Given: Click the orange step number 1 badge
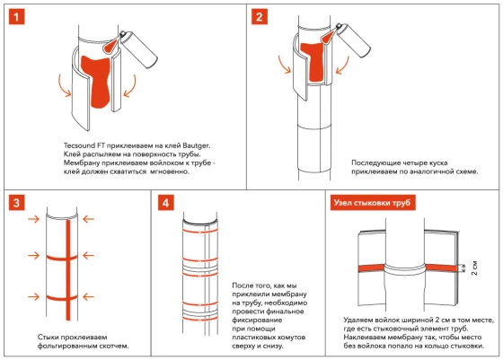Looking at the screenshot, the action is (x=17, y=17).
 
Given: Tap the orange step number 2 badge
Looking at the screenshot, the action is (x=260, y=17).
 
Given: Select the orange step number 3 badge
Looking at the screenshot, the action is (x=17, y=203).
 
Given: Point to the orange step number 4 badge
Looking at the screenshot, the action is (x=166, y=203).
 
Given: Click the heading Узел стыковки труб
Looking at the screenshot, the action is (x=373, y=203).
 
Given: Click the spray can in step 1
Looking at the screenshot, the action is (x=138, y=49).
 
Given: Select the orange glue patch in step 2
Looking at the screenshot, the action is (x=312, y=62).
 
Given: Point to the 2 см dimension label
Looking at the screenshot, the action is (x=474, y=268).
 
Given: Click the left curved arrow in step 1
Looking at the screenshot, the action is (x=64, y=85).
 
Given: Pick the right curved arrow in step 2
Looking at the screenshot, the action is (x=342, y=66).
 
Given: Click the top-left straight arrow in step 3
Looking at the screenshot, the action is (x=34, y=219).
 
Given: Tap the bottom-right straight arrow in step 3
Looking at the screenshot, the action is (x=88, y=297).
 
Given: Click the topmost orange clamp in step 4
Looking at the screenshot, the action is (x=200, y=231).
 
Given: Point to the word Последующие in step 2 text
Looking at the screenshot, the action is (x=375, y=162).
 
